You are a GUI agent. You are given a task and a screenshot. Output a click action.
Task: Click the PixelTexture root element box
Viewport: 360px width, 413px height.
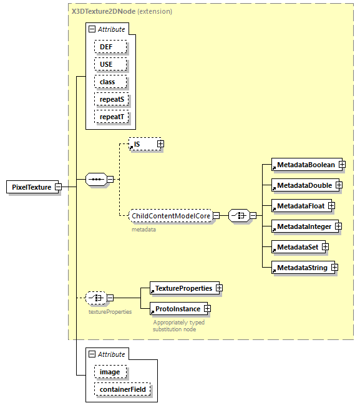31,187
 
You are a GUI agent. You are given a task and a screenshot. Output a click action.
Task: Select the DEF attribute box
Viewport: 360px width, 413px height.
110,47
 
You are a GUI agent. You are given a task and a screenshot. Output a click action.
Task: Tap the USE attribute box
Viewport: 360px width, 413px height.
110,64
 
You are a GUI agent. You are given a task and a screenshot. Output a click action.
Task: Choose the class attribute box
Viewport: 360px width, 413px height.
110,82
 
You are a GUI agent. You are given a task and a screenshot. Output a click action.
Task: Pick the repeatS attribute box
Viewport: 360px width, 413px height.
110,99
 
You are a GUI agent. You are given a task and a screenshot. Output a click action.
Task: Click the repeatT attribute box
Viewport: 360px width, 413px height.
110,117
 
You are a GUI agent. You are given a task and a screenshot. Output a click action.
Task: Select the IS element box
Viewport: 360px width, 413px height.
142,144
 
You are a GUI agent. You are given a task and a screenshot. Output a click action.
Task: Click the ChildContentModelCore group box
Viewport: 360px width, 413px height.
170,216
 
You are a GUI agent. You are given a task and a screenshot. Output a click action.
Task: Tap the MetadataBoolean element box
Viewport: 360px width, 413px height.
303,165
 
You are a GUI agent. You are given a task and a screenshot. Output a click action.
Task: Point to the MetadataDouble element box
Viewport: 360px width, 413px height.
302,185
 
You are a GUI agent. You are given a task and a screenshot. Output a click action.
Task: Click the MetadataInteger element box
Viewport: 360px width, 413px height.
302,226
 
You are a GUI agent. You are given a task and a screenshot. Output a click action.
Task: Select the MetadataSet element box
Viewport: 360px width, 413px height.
295,247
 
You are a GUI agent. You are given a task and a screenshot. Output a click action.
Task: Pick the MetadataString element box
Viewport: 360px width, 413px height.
299,268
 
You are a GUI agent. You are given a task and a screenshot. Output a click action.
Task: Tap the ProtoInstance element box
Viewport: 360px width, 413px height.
175,309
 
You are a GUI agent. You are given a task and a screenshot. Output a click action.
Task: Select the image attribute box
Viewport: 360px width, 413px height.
110,372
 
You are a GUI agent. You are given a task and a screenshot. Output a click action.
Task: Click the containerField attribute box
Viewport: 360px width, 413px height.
122,390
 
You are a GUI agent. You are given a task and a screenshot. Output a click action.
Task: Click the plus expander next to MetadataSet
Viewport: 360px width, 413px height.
325,247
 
